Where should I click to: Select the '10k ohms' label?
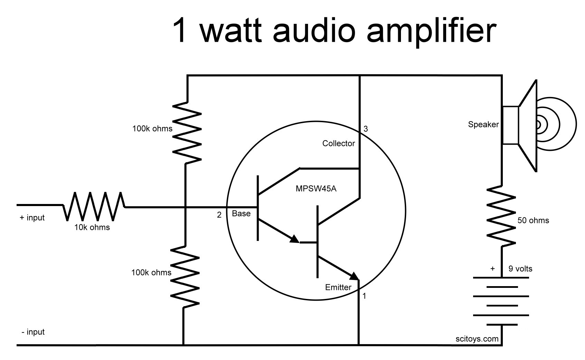coord(92,227)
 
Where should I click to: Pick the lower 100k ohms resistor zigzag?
coord(185,276)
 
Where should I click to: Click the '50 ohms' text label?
coord(533,221)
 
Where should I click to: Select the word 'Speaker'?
coord(483,125)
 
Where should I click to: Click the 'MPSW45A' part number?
coord(316,189)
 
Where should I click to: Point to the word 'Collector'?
coord(338,144)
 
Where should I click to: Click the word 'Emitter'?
coord(338,288)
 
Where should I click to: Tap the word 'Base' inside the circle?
coord(241,214)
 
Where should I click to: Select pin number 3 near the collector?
coord(366,129)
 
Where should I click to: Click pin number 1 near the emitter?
coord(364,296)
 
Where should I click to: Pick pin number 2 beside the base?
coord(219,215)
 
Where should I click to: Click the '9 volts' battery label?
coord(520,269)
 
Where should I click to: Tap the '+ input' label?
coord(32,218)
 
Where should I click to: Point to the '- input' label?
coord(33,332)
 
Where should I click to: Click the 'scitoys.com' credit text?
coord(477,339)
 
